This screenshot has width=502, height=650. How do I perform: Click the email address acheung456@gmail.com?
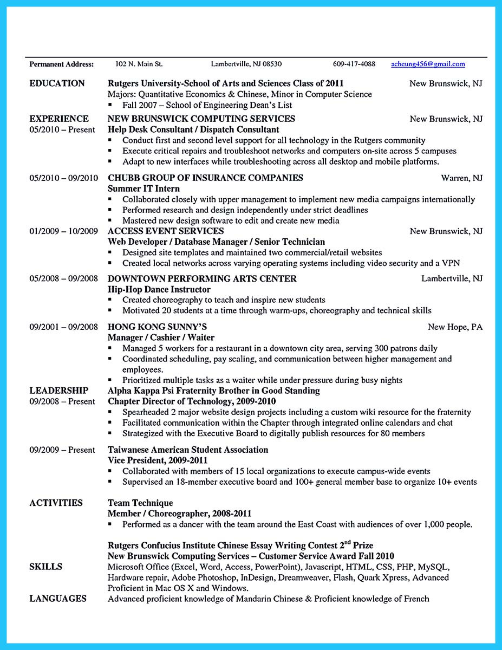[428, 64]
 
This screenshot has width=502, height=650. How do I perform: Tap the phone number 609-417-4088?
[354, 64]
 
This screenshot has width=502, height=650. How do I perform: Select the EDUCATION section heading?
[57, 83]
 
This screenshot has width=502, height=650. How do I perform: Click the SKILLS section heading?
[45, 567]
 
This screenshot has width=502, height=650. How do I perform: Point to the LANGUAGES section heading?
[58, 599]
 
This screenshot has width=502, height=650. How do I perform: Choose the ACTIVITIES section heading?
[56, 503]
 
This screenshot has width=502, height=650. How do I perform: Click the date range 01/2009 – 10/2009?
[63, 231]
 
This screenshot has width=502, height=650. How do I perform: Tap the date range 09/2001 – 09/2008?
[63, 327]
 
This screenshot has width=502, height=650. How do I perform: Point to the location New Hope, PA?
[455, 327]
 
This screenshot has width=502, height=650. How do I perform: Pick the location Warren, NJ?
[461, 178]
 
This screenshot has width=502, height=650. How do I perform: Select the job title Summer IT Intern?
[144, 188]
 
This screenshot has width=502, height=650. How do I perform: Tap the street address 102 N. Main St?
[139, 64]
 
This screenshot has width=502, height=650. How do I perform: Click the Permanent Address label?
[61, 64]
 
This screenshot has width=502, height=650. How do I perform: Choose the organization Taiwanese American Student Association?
[188, 450]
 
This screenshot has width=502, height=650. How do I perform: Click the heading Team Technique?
[140, 503]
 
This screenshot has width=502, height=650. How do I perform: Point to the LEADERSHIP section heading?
[58, 391]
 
